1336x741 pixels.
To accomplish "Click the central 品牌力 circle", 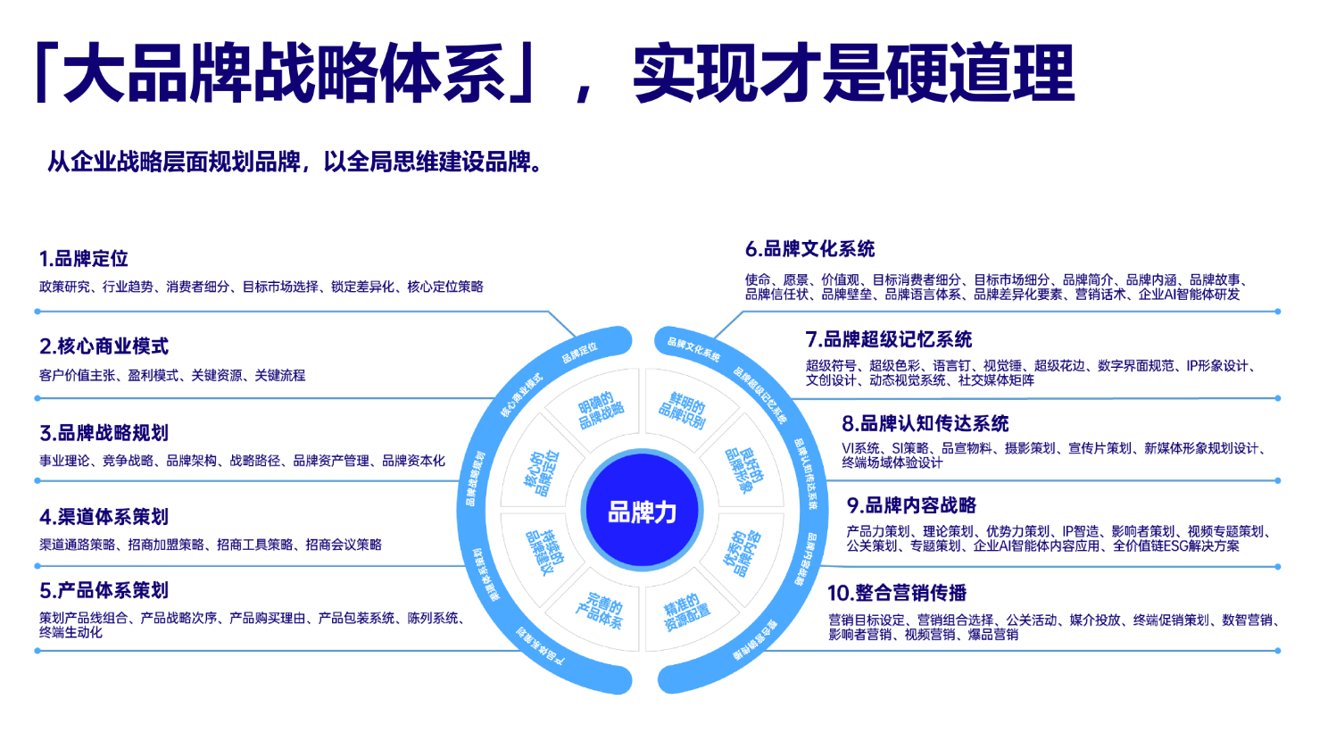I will pyautogui.click(x=642, y=512).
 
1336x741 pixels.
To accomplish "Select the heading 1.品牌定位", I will pyautogui.click(x=84, y=259).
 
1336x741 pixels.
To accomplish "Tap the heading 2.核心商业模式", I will pyautogui.click(x=104, y=346).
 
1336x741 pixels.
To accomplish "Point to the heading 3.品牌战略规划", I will pyautogui.click(x=104, y=433).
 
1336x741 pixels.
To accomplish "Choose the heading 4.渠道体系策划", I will pyautogui.click(x=104, y=517).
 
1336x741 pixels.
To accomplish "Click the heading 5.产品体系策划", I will pyautogui.click(x=104, y=590).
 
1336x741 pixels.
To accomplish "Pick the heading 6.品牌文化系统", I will pyautogui.click(x=809, y=249).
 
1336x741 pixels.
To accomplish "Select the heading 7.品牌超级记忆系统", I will pyautogui.click(x=888, y=339).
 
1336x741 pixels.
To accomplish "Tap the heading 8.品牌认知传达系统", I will pyautogui.click(x=925, y=423).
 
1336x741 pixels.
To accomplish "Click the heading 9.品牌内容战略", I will pyautogui.click(x=910, y=505).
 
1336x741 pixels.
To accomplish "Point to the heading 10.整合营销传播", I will pyautogui.click(x=896, y=593).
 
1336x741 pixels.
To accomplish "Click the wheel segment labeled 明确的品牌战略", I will pyautogui.click(x=600, y=411).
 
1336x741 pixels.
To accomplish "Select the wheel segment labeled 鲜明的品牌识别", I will pyautogui.click(x=683, y=410).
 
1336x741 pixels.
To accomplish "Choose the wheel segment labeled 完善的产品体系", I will pyautogui.click(x=600, y=610).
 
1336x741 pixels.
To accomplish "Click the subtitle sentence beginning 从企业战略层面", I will pyautogui.click(x=295, y=162).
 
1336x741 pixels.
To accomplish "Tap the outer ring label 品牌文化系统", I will pyautogui.click(x=693, y=348).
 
